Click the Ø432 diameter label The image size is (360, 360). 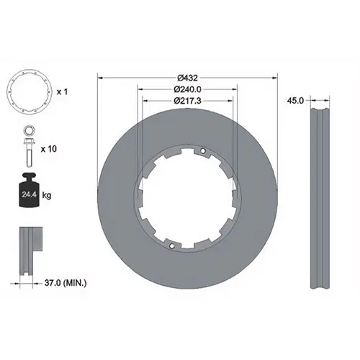187,78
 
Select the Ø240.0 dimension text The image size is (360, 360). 187,89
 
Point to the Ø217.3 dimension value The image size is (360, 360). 187,101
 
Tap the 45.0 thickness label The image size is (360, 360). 295,101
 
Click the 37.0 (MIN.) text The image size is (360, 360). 66,283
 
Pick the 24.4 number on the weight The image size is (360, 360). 30,194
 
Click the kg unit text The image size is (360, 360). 47,195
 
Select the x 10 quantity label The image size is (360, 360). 49,149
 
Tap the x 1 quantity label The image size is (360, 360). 62,92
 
